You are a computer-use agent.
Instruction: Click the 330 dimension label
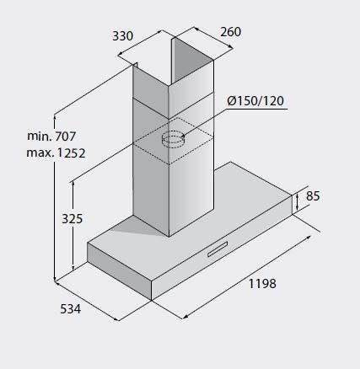coord(122,36)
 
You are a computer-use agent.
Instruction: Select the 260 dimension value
coord(230,32)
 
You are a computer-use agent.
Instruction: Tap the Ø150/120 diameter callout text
coord(255,101)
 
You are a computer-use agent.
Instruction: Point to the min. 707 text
coord(51,136)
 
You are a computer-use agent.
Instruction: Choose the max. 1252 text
coord(56,153)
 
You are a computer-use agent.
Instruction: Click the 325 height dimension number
coord(73,219)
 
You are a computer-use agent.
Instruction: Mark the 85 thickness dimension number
coord(313,196)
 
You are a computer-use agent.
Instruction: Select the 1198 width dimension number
coord(262,284)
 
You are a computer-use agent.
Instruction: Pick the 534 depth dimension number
coord(71,309)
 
